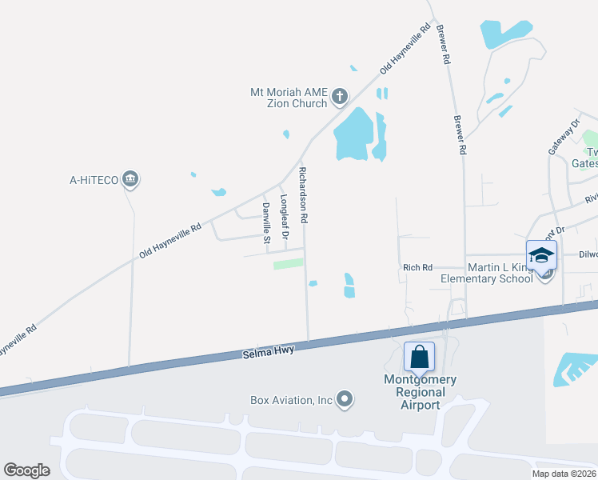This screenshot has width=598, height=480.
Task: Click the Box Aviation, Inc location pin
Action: pyautogui.click(x=345, y=399)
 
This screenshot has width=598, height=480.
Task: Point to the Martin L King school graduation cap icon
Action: pyautogui.click(x=541, y=255)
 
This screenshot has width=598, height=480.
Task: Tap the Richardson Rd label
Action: pyautogui.click(x=303, y=194)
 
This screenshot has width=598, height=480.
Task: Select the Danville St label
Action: pyautogui.click(x=267, y=223)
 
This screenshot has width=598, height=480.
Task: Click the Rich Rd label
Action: pyautogui.click(x=417, y=267)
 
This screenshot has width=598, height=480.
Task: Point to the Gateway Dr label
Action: pyautogui.click(x=562, y=138)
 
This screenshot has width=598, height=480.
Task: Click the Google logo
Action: pyautogui.click(x=27, y=470)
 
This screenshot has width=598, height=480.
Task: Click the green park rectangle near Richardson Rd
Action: pyautogui.click(x=289, y=263)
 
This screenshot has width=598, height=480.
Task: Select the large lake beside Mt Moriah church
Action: pyautogui.click(x=353, y=134)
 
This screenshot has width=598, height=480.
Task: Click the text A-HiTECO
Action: pyautogui.click(x=94, y=180)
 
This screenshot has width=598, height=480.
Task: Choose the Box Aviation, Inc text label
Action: pyautogui.click(x=291, y=399)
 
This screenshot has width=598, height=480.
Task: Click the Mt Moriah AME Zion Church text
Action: pyautogui.click(x=289, y=98)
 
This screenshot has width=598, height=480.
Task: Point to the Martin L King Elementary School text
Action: pyautogui.click(x=487, y=273)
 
